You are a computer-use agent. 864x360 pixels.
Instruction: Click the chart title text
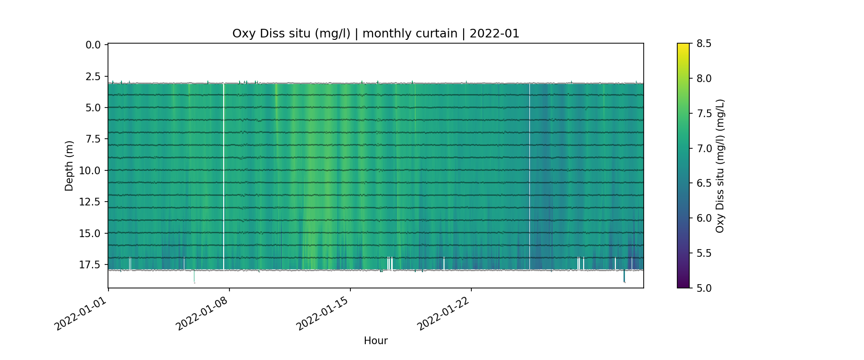[375, 34]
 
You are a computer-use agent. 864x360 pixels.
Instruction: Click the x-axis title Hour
[375, 341]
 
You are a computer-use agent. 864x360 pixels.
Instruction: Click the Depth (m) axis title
[69, 166]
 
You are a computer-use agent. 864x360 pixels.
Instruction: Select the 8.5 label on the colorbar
[704, 44]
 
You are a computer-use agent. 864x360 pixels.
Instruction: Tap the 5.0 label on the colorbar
[704, 288]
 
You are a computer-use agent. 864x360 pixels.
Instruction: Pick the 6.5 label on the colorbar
[704, 183]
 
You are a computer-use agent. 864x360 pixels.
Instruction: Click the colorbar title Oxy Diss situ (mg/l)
[720, 166]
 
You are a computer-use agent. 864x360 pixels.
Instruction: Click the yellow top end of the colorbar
[683, 46]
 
